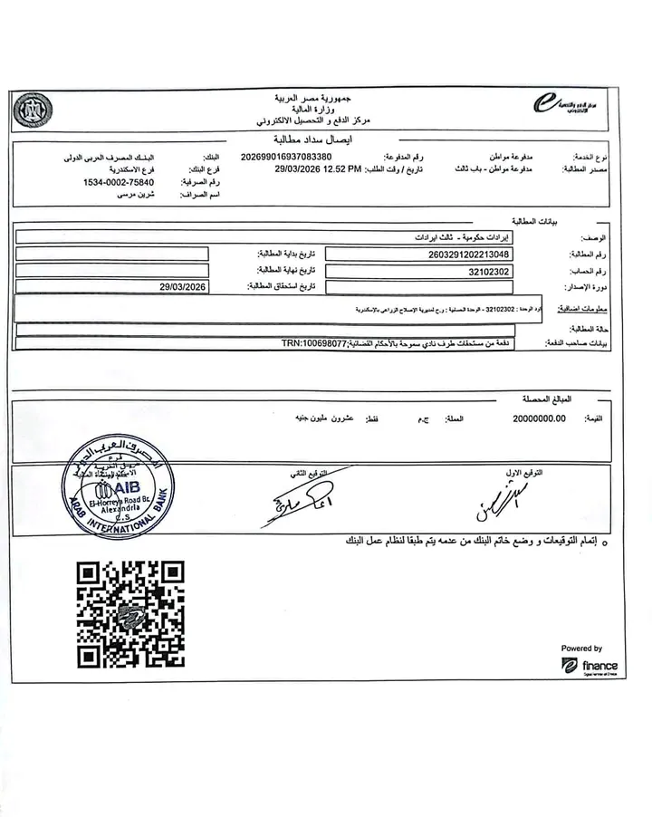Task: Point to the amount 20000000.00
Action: click(x=539, y=418)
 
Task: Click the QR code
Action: click(x=130, y=614)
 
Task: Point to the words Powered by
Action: click(x=581, y=649)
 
